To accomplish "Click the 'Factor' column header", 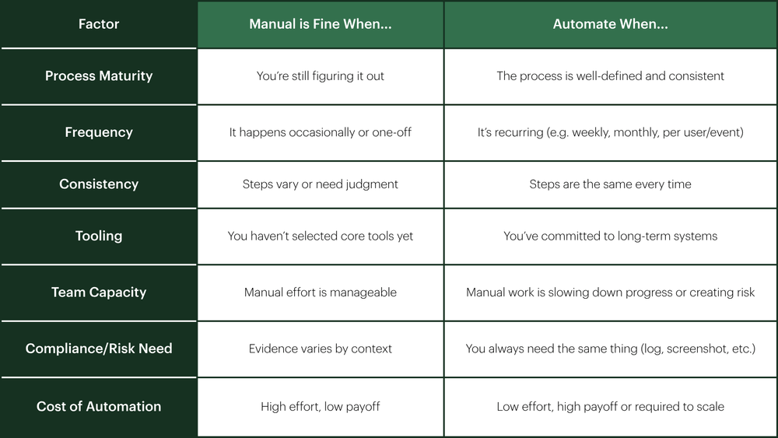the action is click(99, 24).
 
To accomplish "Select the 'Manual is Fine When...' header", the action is click(321, 24).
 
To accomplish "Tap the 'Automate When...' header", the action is click(610, 24).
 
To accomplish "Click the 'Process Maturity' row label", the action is click(99, 76).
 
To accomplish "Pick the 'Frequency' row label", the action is click(99, 132).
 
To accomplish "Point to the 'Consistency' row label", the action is click(99, 184).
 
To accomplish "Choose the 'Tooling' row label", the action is click(99, 236).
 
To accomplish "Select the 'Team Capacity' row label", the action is click(99, 293).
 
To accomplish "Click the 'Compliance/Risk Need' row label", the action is click(99, 349).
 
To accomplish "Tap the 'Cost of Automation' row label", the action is click(99, 406).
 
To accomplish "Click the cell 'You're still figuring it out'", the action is click(321, 76).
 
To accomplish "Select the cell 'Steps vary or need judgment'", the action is click(321, 184).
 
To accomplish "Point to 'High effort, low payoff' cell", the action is click(321, 407).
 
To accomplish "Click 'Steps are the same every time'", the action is click(610, 184).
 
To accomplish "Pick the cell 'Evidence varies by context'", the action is click(321, 349).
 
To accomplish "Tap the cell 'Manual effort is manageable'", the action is click(321, 293).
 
